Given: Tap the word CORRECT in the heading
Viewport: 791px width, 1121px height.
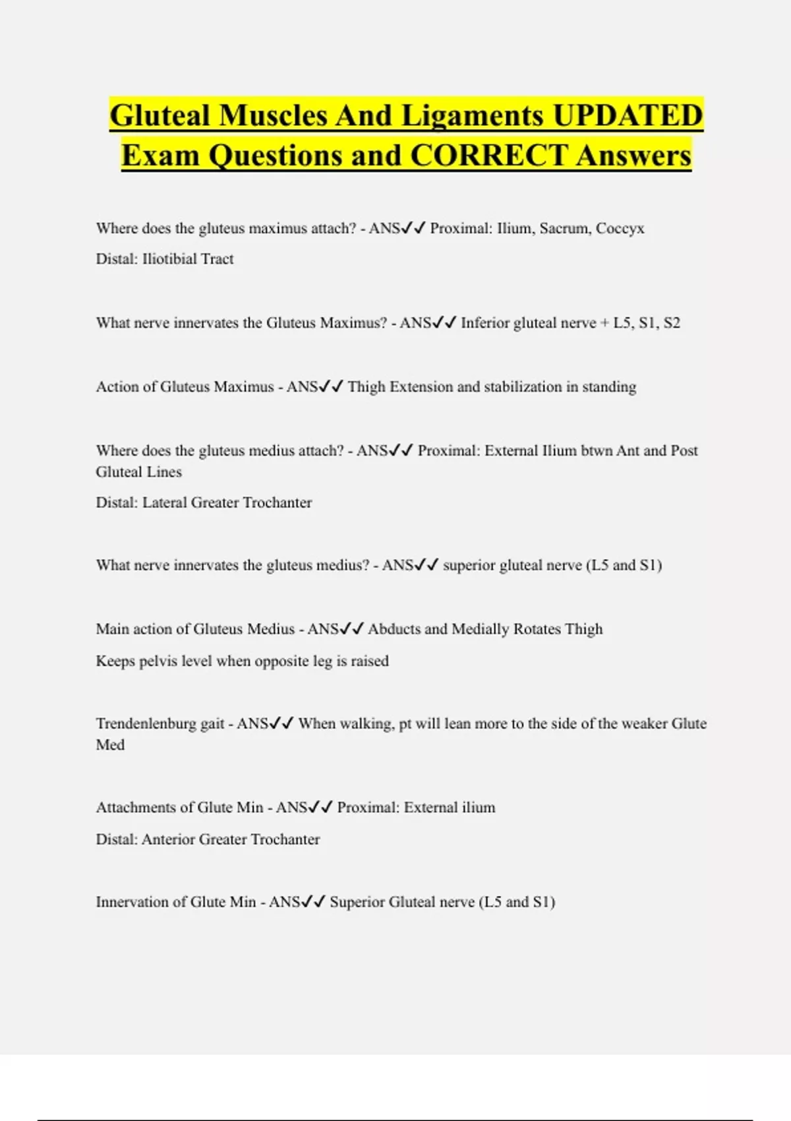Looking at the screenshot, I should [x=488, y=156].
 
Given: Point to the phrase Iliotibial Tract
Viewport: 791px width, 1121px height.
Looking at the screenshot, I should [x=188, y=258].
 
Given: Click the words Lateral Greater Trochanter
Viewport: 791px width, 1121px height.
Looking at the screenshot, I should [x=227, y=502].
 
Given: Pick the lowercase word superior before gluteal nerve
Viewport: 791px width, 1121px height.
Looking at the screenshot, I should [x=469, y=565].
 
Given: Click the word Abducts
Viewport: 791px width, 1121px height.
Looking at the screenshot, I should [x=394, y=629].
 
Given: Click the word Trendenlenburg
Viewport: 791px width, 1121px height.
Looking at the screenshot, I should [x=146, y=723].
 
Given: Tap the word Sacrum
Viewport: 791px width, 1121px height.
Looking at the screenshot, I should [x=564, y=228].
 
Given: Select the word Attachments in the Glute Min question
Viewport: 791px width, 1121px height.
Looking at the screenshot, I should [x=135, y=807].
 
